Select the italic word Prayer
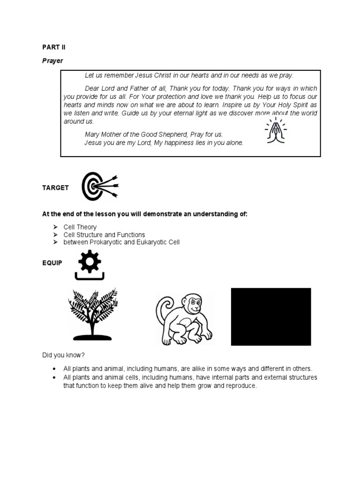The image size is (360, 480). (53, 61)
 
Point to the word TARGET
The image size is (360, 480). (55, 187)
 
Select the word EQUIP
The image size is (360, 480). (52, 263)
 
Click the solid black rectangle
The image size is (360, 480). (271, 316)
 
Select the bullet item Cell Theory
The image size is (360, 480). (80, 227)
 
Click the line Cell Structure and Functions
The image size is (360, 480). (104, 235)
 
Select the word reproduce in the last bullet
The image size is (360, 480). (240, 385)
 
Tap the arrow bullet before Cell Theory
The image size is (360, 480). (54, 227)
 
